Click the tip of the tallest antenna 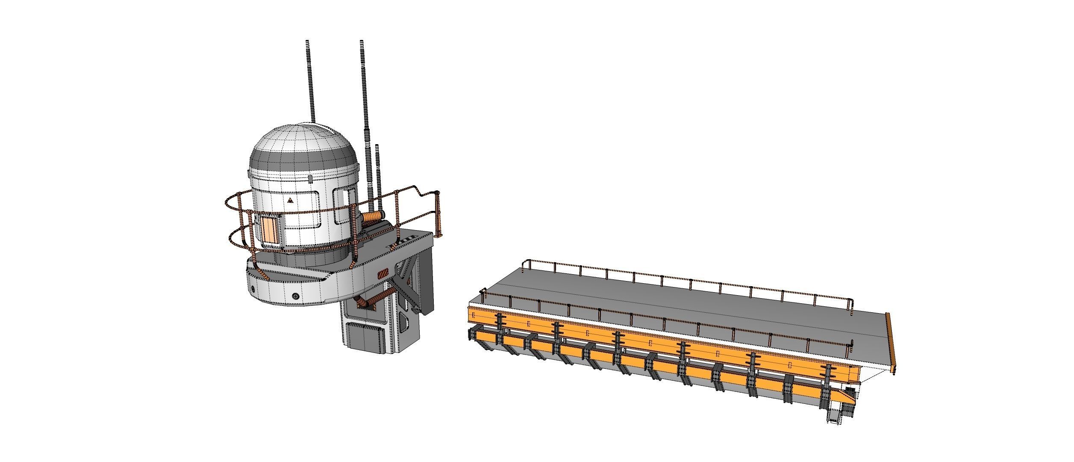click(362, 42)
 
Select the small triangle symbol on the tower click(291, 200)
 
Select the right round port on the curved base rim click(295, 296)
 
